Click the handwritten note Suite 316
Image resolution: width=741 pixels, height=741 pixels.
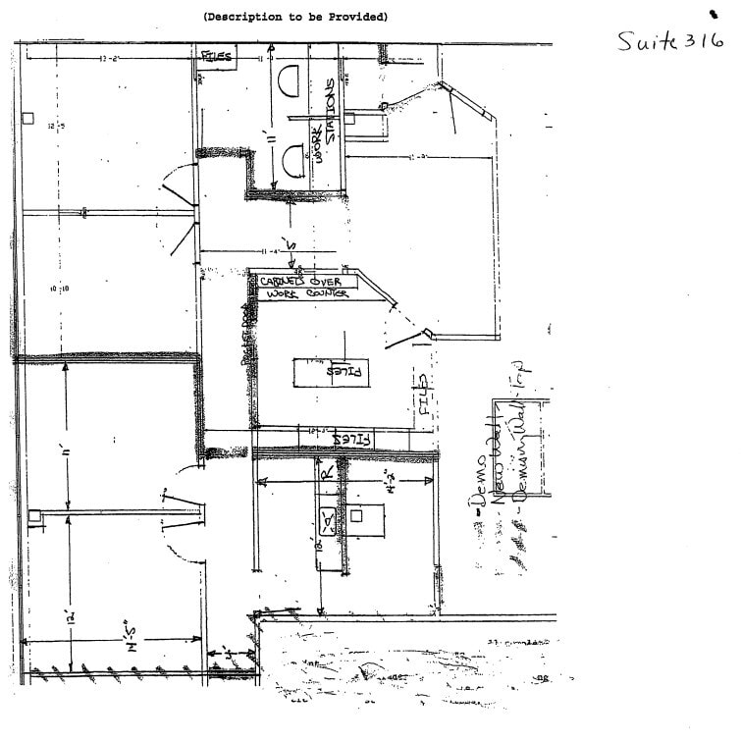(670, 40)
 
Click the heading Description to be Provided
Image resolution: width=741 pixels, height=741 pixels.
(295, 17)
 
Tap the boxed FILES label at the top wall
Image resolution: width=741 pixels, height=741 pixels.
(217, 57)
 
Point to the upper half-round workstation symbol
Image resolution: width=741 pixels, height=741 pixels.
(291, 80)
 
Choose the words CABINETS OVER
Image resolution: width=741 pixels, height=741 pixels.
(298, 282)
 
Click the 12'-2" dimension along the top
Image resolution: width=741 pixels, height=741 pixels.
(109, 59)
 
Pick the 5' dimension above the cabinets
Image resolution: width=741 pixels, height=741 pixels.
(288, 242)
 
